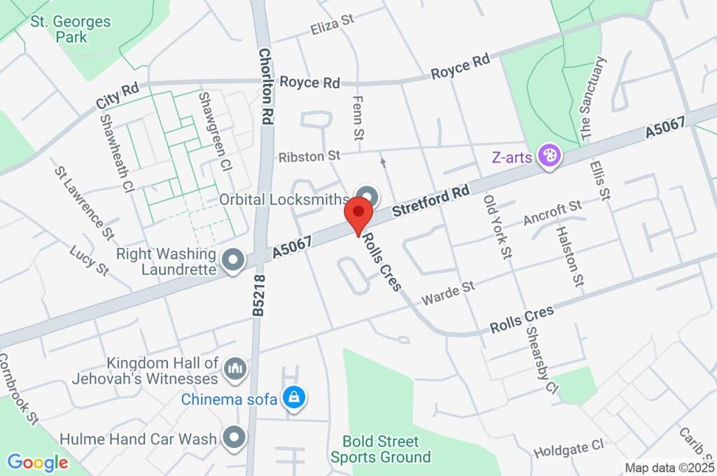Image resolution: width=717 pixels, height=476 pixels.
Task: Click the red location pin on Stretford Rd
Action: [x=359, y=212]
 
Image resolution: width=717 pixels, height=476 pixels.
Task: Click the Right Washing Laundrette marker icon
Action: [x=231, y=260]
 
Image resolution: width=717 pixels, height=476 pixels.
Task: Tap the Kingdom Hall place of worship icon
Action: [x=234, y=367]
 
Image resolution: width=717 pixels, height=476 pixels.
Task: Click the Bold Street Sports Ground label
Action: [x=380, y=449]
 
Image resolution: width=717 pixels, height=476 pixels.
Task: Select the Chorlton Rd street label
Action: [x=265, y=86]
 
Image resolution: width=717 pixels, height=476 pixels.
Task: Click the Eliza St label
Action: [x=333, y=25]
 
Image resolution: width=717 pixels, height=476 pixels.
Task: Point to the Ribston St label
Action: [x=309, y=156]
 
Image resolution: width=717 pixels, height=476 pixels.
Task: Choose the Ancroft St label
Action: [x=553, y=213]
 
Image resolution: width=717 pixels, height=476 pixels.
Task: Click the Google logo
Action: [x=38, y=462]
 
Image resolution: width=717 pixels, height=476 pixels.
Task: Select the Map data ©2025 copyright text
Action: [x=668, y=468]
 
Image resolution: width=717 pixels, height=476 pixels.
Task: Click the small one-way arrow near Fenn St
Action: [x=383, y=162]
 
